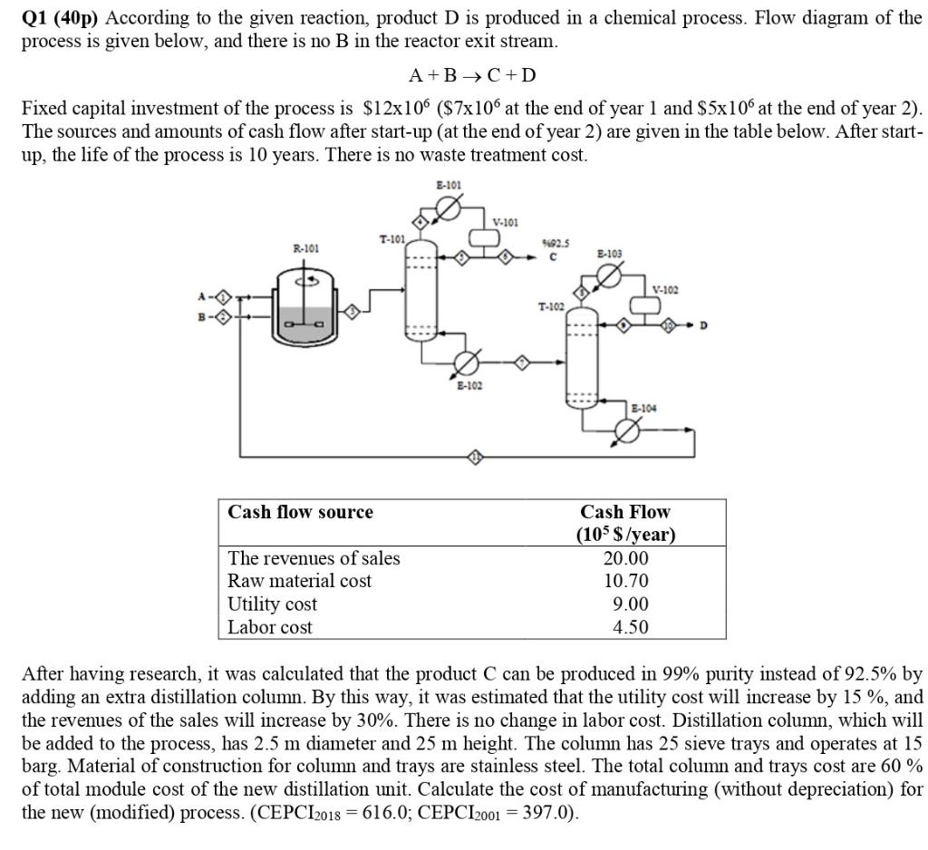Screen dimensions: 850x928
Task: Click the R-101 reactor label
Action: tap(305, 246)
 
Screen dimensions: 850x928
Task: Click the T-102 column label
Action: tap(551, 305)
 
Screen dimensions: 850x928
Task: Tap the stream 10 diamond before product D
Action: tap(669, 324)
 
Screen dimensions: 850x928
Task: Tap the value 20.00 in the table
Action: tap(625, 558)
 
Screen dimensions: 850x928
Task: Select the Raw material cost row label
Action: tap(299, 581)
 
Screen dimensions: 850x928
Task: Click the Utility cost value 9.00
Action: tap(630, 604)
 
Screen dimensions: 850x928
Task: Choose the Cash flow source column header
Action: tap(300, 512)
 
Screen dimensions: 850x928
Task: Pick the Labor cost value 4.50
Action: tap(630, 627)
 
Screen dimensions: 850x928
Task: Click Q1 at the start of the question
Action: tap(36, 18)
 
